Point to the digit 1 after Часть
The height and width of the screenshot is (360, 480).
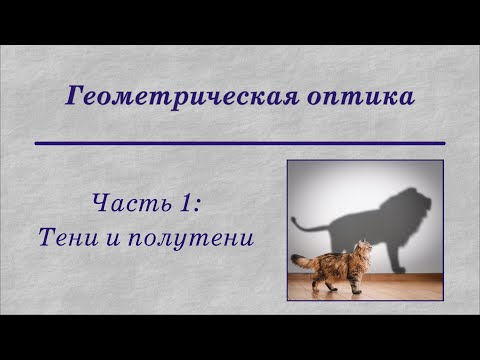tap(187, 205)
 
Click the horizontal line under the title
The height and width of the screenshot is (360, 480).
tap(240, 144)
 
